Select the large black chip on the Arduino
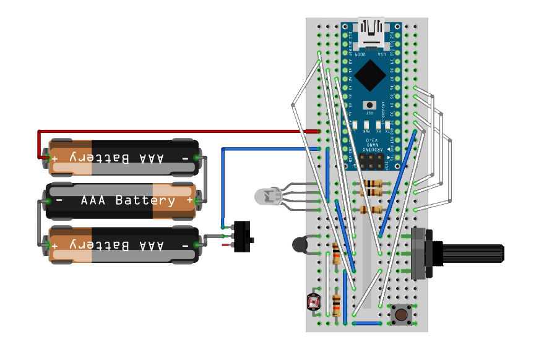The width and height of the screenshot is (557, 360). coord(371,74)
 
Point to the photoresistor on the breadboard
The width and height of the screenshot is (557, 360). coord(314,302)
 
